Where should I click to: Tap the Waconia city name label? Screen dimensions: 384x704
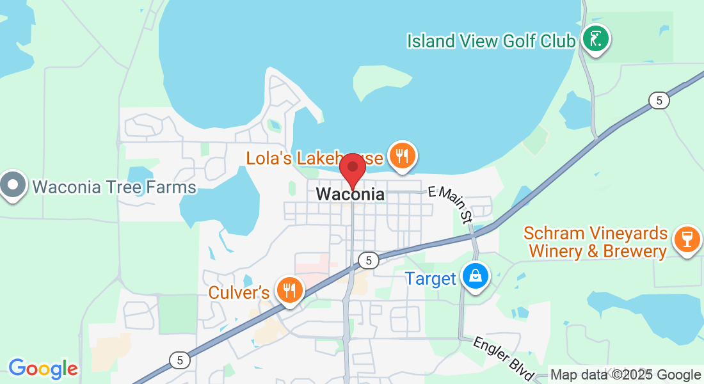click(351, 194)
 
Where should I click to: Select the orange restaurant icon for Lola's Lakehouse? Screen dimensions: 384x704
click(402, 156)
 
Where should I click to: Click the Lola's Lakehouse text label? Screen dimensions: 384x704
click(315, 157)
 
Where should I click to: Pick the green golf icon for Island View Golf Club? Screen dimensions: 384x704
click(596, 39)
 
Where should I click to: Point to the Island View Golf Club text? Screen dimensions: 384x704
click(491, 41)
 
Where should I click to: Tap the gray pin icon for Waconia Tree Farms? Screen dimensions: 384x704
click(13, 186)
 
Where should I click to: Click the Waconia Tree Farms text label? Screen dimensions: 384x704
click(114, 187)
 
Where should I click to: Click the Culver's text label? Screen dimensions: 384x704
click(239, 292)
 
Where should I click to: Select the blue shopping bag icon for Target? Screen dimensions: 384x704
click(476, 276)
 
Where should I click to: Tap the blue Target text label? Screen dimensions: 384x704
click(430, 278)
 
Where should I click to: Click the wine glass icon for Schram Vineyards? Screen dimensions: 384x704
click(687, 240)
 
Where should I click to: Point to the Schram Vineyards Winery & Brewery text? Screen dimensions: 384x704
click(595, 243)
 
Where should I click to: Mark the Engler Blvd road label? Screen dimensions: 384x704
click(504, 359)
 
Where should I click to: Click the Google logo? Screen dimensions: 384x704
click(43, 369)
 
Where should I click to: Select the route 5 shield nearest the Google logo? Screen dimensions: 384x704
click(180, 360)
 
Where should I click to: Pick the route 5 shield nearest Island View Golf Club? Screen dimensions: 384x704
click(658, 100)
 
